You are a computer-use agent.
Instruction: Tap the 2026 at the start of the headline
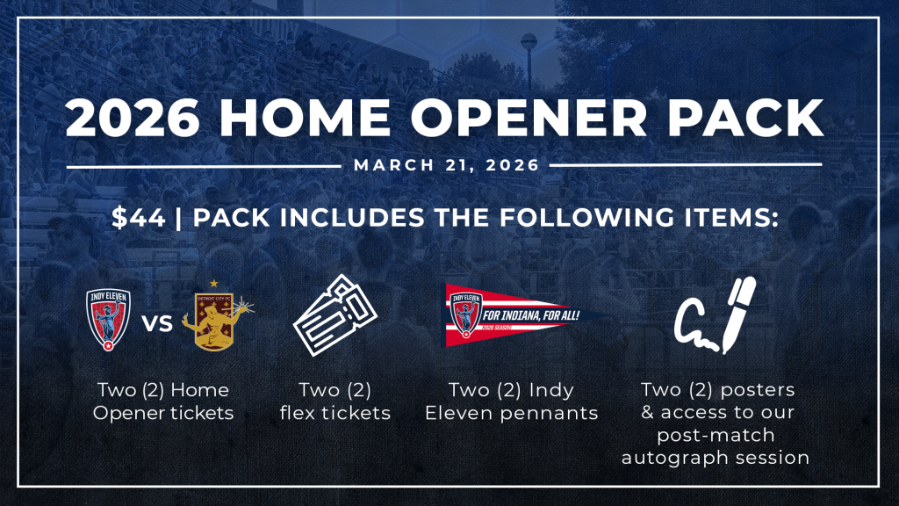133,118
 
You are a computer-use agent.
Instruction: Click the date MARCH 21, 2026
447,165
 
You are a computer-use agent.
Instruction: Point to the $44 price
138,218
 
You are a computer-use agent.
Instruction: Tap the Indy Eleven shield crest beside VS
108,320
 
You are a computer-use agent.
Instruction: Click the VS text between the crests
157,323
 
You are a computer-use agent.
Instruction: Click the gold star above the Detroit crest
214,284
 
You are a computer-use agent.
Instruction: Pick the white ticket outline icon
334,315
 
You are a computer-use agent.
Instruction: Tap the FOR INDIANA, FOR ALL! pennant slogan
531,315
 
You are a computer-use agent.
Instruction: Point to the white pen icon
739,314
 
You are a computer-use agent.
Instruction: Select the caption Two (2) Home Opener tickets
163,401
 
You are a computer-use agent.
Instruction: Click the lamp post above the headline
529,61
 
